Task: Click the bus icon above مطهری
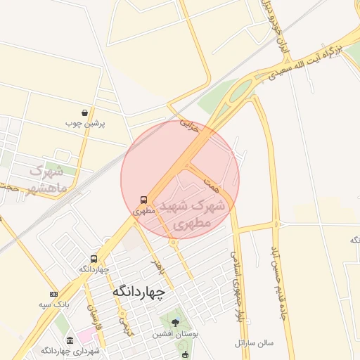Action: pyautogui.click(x=143, y=200)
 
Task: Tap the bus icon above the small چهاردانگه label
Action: pyautogui.click(x=94, y=259)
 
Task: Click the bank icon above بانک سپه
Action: pyautogui.click(x=53, y=294)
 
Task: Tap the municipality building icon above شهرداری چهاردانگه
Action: pyautogui.click(x=68, y=340)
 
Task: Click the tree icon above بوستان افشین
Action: pyautogui.click(x=175, y=323)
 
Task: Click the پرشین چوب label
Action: pyautogui.click(x=85, y=123)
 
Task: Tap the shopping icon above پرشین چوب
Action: pyautogui.click(x=85, y=112)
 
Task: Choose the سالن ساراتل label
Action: pyautogui.click(x=254, y=344)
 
